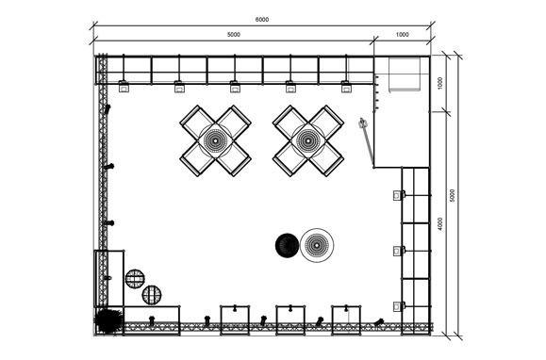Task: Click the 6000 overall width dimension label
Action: [262, 20]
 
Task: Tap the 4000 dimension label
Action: [440, 224]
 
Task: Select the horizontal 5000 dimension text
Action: [234, 35]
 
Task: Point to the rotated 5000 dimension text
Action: [452, 195]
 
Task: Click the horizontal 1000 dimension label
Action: [402, 35]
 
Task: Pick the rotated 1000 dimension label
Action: [440, 84]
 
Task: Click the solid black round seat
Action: [288, 246]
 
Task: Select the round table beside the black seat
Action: [317, 245]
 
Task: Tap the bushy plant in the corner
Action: [108, 320]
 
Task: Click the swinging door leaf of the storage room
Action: [367, 142]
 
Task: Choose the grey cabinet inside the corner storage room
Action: [405, 74]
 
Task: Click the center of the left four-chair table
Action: [216, 140]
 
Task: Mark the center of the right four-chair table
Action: [308, 140]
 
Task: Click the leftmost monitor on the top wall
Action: [124, 87]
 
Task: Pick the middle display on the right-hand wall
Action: [399, 251]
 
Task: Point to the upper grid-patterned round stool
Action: [135, 279]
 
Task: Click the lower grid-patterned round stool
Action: [152, 295]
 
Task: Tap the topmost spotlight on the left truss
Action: [108, 109]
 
